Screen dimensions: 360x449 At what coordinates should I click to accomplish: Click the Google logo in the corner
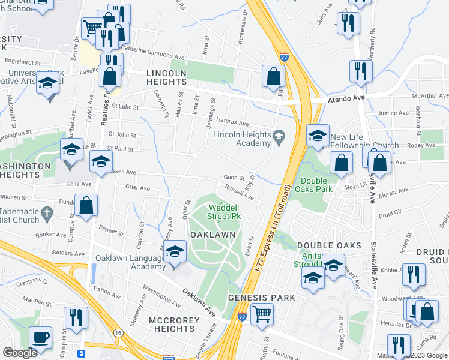click(x=20, y=353)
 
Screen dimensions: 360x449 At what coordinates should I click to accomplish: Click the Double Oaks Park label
click(x=316, y=185)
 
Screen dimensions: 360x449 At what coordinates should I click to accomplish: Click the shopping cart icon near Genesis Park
click(x=262, y=313)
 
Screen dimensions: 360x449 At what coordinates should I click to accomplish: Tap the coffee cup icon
click(x=40, y=337)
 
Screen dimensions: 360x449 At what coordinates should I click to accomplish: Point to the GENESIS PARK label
click(x=261, y=298)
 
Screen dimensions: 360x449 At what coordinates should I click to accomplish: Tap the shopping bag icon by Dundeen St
click(x=86, y=205)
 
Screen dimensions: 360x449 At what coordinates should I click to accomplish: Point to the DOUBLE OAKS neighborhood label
click(x=329, y=245)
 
